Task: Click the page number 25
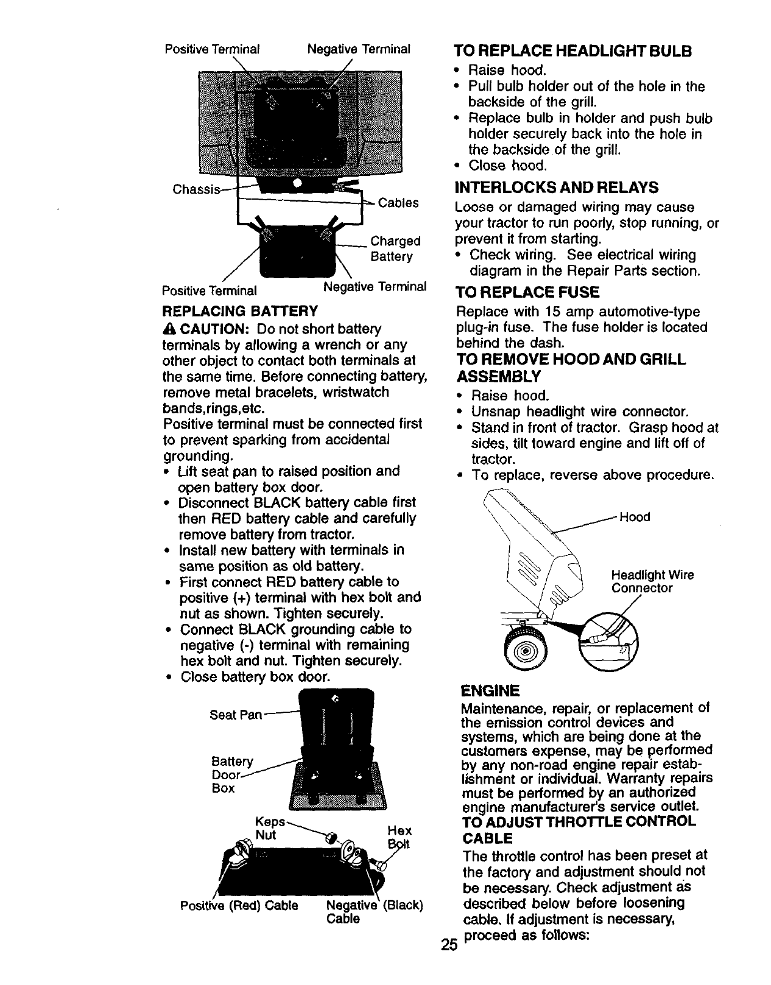[x=449, y=945]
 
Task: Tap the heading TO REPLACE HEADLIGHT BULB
[x=573, y=51]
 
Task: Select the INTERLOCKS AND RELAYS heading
[x=557, y=186]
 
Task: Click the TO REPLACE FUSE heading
[x=527, y=292]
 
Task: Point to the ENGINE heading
[x=490, y=690]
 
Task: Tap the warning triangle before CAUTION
[x=169, y=329]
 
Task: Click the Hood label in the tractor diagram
[x=635, y=517]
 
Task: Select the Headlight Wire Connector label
[x=652, y=581]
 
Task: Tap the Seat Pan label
[x=235, y=715]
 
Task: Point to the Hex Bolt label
[x=400, y=837]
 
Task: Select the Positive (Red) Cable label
[x=239, y=905]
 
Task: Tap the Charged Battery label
[x=395, y=248]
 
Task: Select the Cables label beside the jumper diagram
[x=398, y=203]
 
